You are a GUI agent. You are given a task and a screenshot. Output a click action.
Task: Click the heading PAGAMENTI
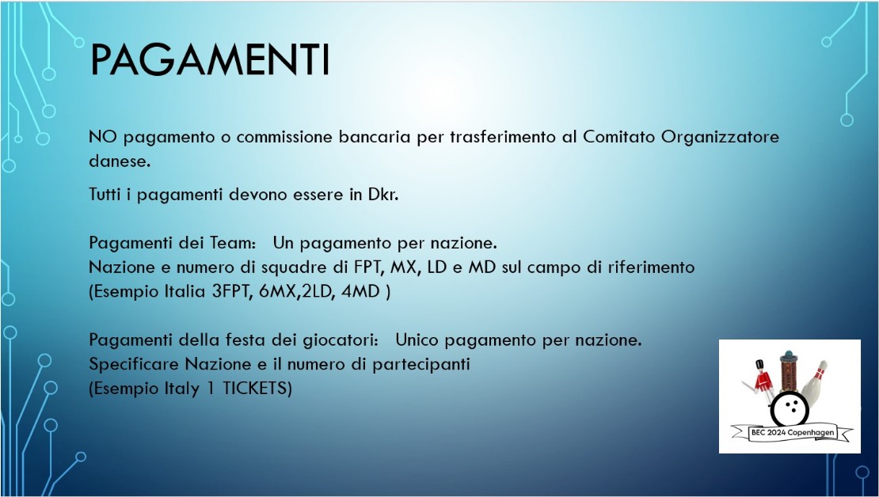(210, 59)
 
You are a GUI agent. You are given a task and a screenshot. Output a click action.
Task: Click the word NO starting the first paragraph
(103, 137)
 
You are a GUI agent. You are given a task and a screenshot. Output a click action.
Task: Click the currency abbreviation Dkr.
(383, 195)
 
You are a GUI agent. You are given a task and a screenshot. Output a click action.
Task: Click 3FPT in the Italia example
(231, 292)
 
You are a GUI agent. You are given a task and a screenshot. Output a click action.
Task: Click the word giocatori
(337, 340)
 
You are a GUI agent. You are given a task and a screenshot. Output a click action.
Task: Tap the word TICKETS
(257, 389)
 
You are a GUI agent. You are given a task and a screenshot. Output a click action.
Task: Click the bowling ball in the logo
(790, 409)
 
